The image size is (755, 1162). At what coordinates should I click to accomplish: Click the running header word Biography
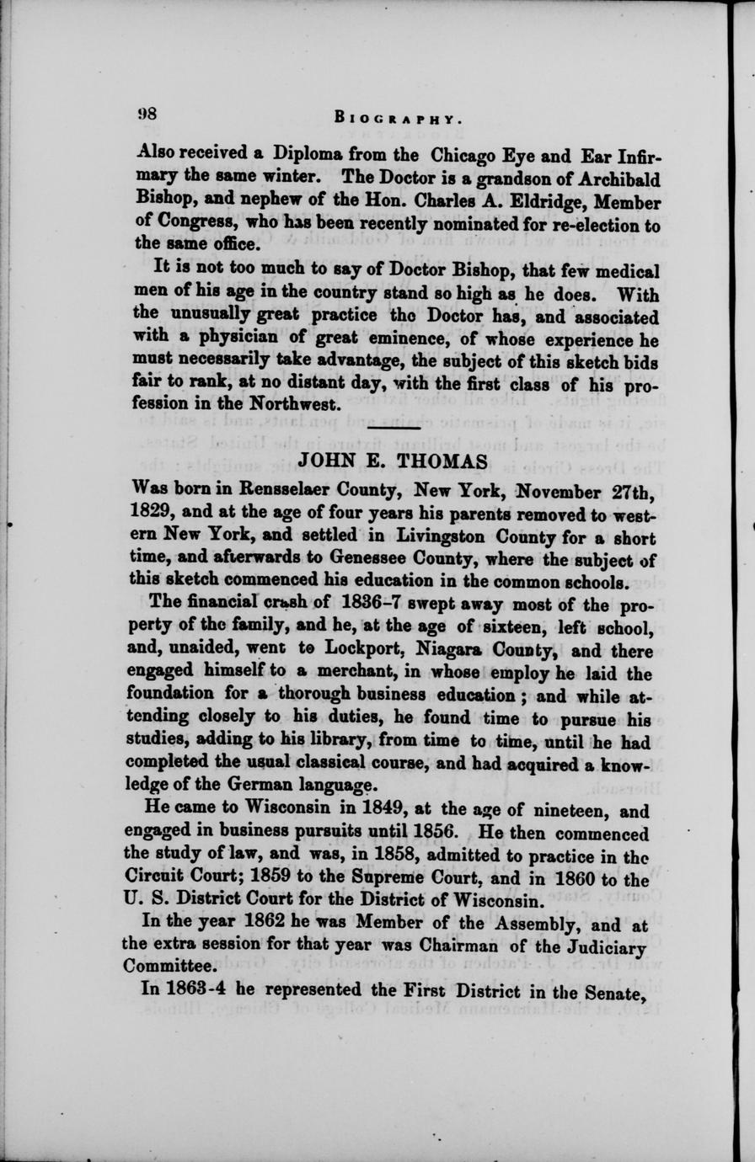pos(397,118)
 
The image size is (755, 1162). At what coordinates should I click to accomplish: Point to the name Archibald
pos(618,179)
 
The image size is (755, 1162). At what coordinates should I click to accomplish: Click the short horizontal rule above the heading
pos(394,431)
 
